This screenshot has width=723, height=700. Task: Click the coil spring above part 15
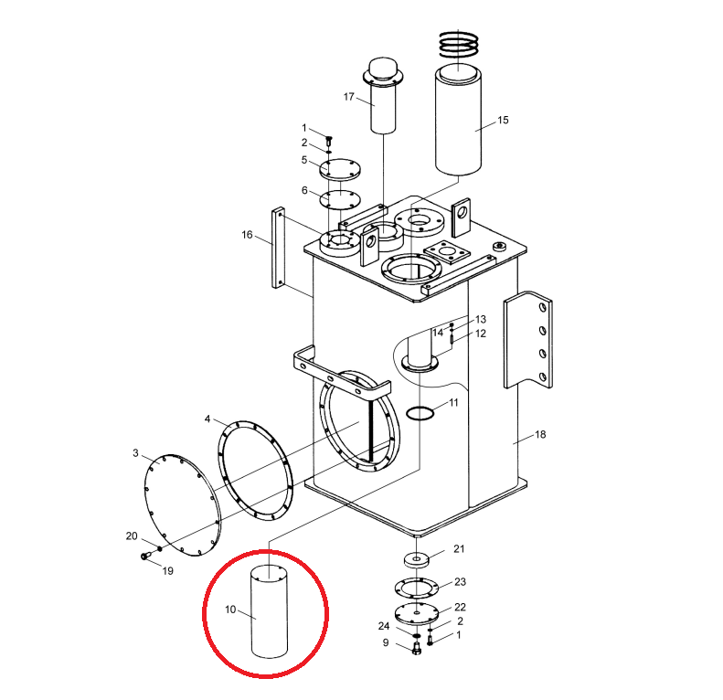458,44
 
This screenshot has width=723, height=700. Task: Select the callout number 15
503,120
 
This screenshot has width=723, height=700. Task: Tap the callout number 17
348,97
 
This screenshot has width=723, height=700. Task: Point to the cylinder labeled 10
269,611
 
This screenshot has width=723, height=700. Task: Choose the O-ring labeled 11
420,413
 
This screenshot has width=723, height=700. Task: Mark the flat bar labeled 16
279,248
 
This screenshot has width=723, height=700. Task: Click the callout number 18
540,434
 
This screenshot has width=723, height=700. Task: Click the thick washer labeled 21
417,560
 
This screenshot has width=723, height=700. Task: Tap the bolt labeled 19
144,557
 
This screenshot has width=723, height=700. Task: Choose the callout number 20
132,536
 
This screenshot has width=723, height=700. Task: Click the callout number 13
481,319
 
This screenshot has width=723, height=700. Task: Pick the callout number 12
481,334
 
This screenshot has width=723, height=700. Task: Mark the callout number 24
384,626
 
